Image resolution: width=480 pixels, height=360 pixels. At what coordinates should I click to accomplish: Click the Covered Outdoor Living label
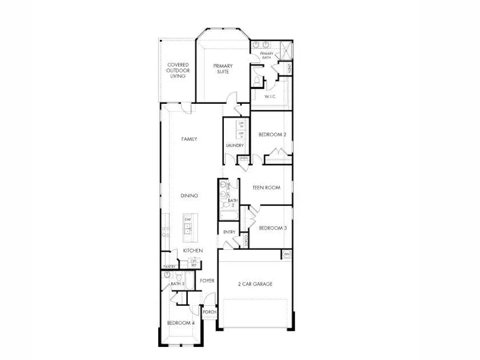178,70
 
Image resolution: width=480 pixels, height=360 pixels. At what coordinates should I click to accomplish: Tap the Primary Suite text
223,69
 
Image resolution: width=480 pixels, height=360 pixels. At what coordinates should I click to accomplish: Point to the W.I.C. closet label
270,96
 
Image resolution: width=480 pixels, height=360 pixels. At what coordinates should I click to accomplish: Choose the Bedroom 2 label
272,135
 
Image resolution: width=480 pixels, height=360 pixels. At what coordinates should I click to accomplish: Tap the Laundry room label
235,145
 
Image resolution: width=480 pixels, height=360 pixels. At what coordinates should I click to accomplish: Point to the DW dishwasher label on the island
187,219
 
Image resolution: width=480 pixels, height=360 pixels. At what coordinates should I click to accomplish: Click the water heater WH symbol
287,254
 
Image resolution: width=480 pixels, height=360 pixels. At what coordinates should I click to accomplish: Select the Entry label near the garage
229,232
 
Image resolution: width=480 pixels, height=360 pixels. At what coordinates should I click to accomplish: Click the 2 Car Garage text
255,284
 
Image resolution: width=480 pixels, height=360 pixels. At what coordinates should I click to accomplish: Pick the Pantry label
169,266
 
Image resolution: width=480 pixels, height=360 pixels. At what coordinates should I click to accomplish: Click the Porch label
209,313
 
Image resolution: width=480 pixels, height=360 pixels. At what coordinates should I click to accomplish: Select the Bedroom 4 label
180,323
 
